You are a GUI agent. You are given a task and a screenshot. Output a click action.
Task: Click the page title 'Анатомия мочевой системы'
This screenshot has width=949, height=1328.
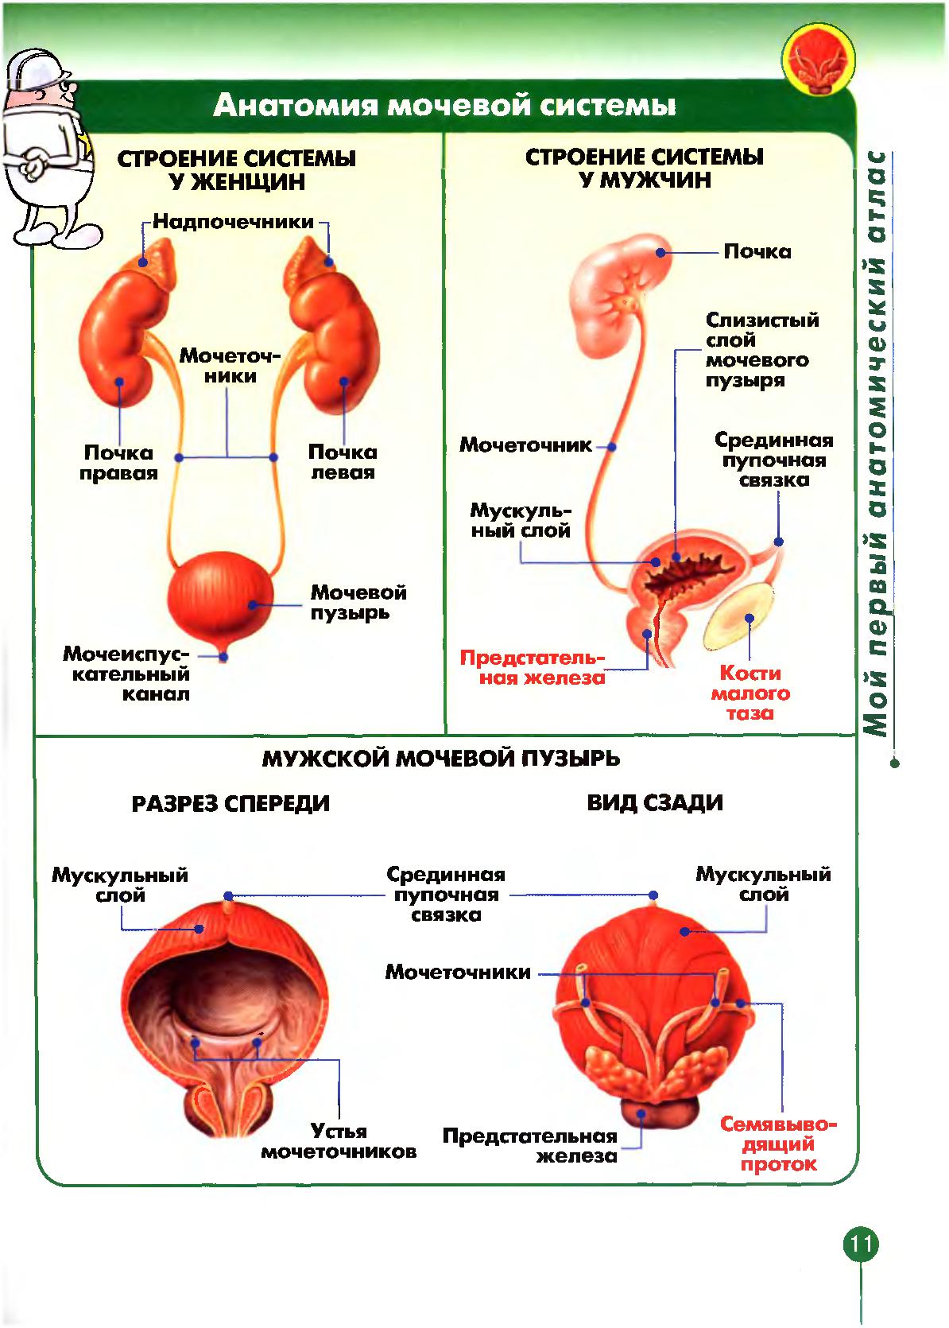pyautogui.click(x=444, y=105)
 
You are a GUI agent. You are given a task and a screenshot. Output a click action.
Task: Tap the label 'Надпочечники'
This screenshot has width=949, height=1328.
pyautogui.click(x=233, y=222)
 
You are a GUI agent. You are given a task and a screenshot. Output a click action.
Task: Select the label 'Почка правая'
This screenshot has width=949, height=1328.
pyautogui.click(x=118, y=463)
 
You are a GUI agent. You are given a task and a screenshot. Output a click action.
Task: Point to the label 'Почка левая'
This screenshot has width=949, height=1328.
pyautogui.click(x=342, y=462)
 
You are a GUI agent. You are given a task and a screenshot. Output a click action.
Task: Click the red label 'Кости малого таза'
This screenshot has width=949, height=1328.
pyautogui.click(x=750, y=693)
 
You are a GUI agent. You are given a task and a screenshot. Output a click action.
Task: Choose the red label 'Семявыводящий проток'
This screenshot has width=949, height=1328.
pyautogui.click(x=778, y=1144)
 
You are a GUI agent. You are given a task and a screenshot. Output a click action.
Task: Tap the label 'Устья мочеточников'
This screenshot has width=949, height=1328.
pyautogui.click(x=339, y=1141)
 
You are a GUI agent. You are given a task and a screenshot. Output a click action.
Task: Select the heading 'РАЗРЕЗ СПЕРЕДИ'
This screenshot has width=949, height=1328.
pyautogui.click(x=230, y=803)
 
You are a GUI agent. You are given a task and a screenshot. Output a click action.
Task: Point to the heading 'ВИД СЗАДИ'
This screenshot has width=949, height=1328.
pyautogui.click(x=655, y=802)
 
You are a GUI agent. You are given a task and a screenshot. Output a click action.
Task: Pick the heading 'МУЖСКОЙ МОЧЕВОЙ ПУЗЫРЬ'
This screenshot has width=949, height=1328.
pyautogui.click(x=440, y=758)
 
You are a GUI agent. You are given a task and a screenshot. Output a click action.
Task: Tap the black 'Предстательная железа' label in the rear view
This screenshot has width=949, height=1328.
pyautogui.click(x=531, y=1145)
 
